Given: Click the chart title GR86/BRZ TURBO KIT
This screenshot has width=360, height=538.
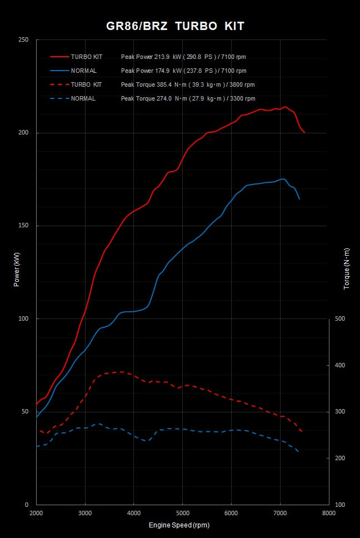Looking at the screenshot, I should click(x=176, y=26).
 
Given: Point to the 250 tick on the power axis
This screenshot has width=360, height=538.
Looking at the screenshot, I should click(x=23, y=40).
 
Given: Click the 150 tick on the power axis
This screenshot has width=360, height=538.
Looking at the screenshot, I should click(x=23, y=226).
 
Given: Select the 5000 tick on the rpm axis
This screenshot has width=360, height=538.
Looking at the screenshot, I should click(x=182, y=513).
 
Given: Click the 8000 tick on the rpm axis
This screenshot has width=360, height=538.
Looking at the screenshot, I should click(x=328, y=513).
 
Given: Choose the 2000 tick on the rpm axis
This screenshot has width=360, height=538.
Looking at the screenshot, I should click(x=36, y=513).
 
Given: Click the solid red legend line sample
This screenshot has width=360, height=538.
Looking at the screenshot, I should click(x=59, y=57).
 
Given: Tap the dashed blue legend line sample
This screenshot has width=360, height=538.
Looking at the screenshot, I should click(x=59, y=98).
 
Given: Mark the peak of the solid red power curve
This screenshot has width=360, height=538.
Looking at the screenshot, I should click(x=285, y=107).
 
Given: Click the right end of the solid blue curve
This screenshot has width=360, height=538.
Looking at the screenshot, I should click(x=299, y=199).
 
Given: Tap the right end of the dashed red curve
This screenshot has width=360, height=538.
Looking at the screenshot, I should click(x=302, y=432).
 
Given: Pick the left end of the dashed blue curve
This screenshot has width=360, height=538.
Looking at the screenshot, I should click(x=37, y=447).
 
